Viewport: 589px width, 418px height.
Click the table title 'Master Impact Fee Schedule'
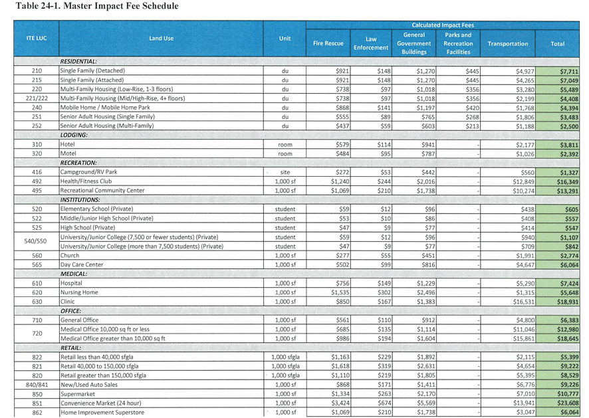(121, 6)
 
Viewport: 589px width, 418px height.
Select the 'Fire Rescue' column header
(328, 43)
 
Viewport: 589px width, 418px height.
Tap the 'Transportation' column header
(507, 44)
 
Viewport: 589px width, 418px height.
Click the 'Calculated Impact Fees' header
(443, 25)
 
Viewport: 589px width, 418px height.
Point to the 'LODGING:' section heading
(74, 135)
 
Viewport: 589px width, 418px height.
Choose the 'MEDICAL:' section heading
(74, 274)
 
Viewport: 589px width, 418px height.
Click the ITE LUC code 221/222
(37, 98)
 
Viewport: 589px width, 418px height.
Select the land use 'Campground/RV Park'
(88, 172)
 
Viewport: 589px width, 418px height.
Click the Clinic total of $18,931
(568, 302)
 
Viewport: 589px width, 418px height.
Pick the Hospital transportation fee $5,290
(525, 284)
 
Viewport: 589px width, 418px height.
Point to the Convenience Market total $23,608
(568, 403)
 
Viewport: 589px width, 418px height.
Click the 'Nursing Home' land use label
(79, 292)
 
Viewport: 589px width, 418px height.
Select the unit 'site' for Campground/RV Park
(285, 172)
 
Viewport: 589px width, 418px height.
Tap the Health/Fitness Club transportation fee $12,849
(523, 182)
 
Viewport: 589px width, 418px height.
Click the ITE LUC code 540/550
(35, 241)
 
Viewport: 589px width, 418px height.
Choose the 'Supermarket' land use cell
(78, 394)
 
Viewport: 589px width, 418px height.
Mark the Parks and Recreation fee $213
(472, 126)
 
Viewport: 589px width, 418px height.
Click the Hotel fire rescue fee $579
(342, 145)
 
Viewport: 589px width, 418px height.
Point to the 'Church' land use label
(70, 255)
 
